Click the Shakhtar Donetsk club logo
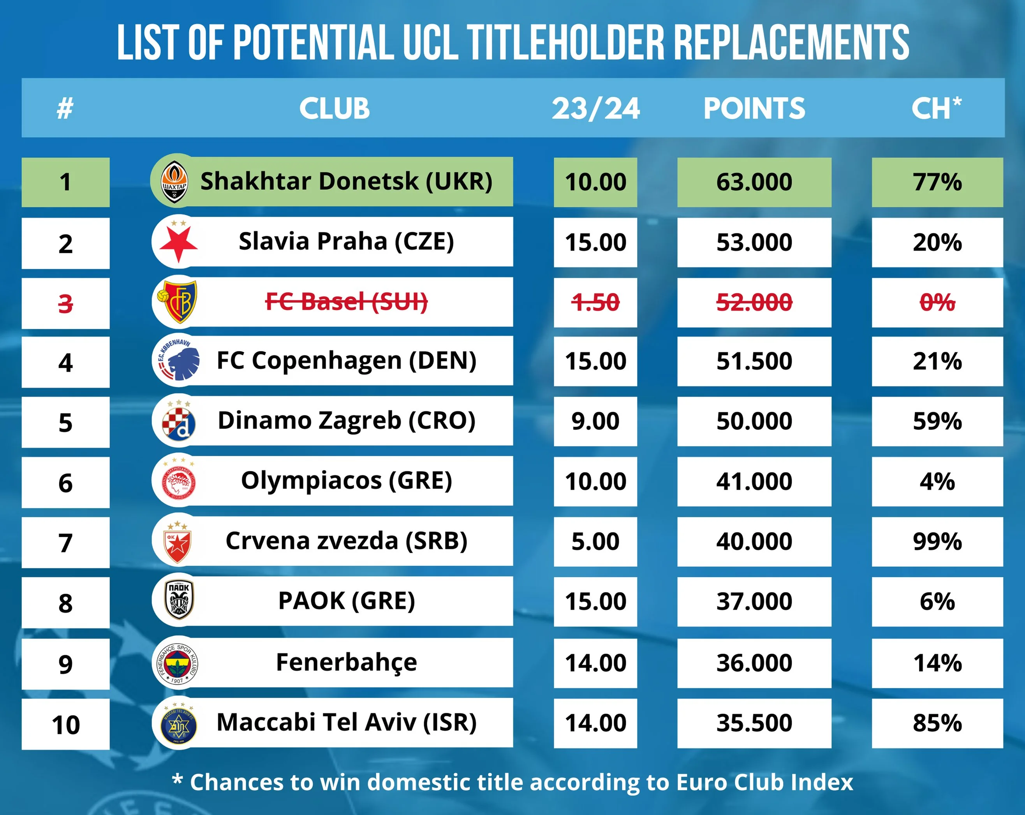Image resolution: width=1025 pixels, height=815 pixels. (174, 182)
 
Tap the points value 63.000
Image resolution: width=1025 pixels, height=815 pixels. (754, 182)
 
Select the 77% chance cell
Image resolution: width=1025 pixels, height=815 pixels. (937, 182)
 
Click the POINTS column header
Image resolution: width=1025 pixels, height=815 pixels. (754, 108)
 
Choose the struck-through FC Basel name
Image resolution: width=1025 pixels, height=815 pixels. (347, 302)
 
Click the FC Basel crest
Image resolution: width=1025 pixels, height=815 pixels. (178, 302)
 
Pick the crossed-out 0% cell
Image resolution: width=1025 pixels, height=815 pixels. (937, 302)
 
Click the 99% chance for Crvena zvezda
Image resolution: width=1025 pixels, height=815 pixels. (937, 542)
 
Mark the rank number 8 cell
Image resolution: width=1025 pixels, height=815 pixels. (65, 602)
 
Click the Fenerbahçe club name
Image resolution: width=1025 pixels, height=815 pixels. (347, 662)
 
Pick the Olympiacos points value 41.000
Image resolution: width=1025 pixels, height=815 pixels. (754, 482)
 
